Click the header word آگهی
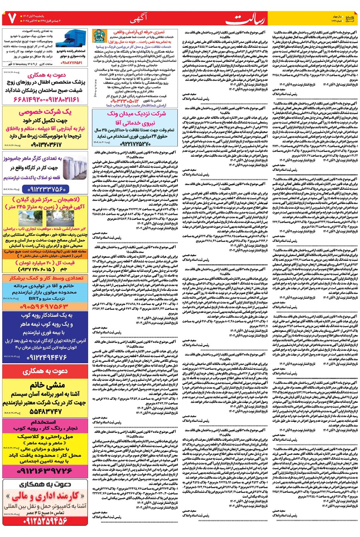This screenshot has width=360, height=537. point(139,17)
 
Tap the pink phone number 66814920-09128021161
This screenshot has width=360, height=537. point(47,100)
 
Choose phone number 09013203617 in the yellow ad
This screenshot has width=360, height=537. point(46,144)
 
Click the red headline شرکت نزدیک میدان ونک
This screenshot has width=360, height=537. point(136,113)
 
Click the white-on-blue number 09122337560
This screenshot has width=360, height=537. point(46,189)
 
